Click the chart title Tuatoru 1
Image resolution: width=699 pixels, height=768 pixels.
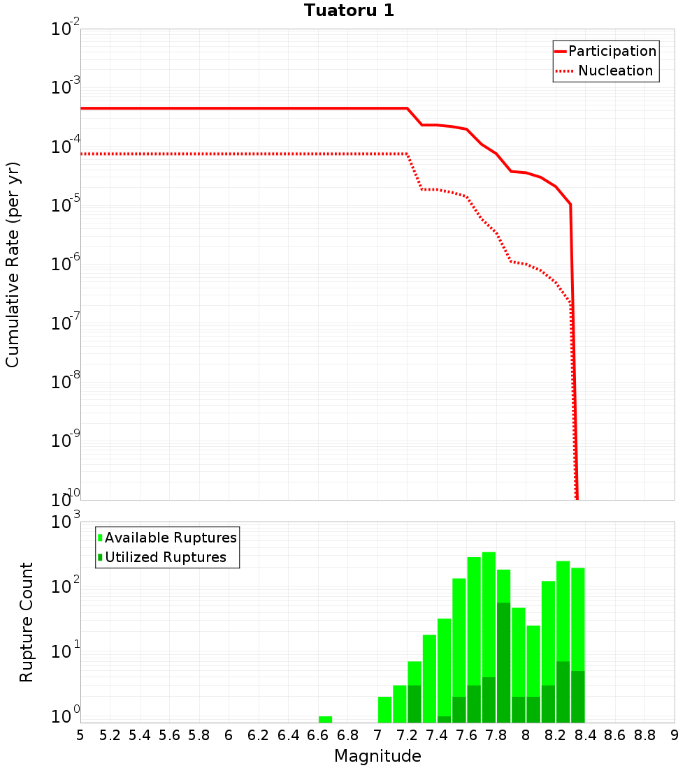tap(349, 10)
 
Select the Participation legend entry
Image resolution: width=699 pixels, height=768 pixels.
tap(605, 51)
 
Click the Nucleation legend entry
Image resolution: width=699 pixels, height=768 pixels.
tap(605, 71)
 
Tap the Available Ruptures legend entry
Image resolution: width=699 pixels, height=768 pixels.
tap(168, 538)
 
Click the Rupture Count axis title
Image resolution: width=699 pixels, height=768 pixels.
tap(27, 621)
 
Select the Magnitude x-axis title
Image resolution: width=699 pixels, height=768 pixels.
tap(377, 756)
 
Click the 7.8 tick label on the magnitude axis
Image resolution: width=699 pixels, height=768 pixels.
tap(496, 734)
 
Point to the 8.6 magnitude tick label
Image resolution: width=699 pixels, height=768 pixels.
tap(615, 734)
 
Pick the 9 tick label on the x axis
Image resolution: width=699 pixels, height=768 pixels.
tap(674, 734)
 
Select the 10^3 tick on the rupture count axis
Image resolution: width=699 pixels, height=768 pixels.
tap(66, 522)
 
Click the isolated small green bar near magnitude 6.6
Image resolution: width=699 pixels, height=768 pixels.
tap(325, 718)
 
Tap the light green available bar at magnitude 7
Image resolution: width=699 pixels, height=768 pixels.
tap(384, 709)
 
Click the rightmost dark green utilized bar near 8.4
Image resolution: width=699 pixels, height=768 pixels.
tap(578, 696)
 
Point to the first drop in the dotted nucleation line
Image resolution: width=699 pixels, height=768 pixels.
tap(415, 172)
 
